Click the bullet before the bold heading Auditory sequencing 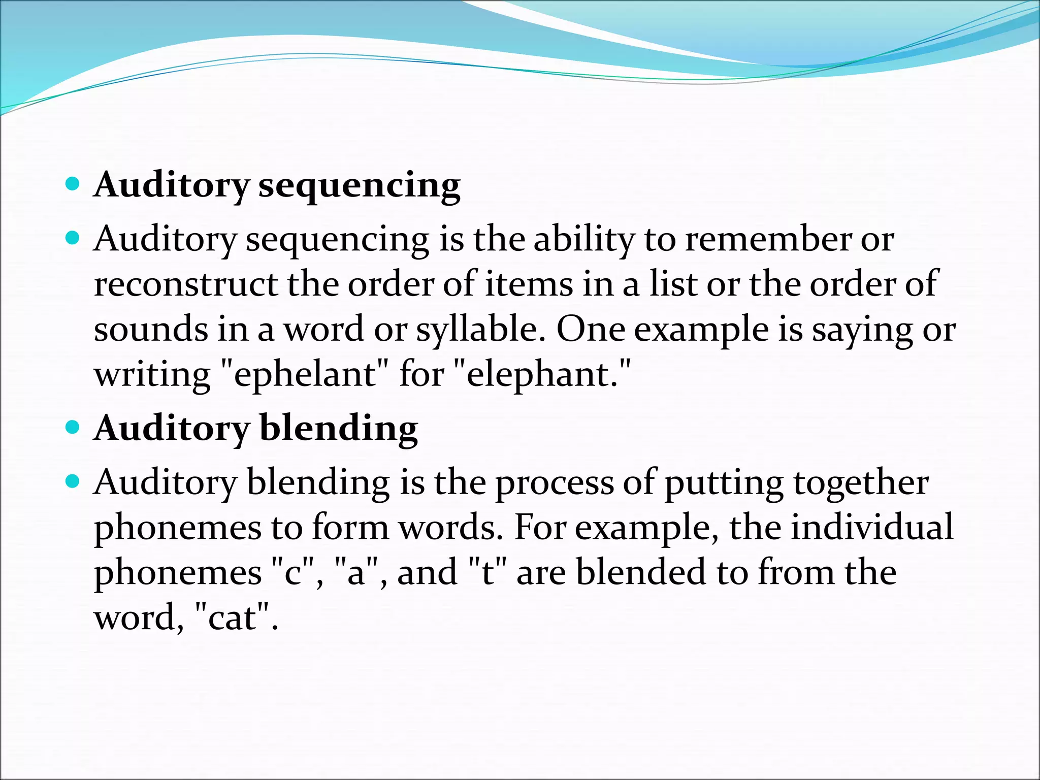click(x=73, y=183)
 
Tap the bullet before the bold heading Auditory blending click(x=73, y=427)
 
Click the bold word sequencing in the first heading click(x=359, y=186)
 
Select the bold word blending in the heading click(x=339, y=429)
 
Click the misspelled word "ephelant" click(x=305, y=375)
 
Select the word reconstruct click(x=185, y=284)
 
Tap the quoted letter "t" click(x=487, y=573)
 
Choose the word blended click(x=641, y=573)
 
